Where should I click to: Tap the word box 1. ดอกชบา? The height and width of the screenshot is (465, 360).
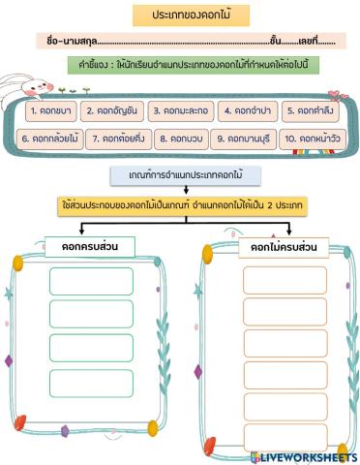(45, 110)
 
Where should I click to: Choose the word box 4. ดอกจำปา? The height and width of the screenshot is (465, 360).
(245, 110)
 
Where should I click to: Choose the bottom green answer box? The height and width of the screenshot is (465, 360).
(91, 383)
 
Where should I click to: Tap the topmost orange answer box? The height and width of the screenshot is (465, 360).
(272, 279)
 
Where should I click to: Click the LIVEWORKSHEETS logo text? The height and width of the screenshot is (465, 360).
(310, 456)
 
